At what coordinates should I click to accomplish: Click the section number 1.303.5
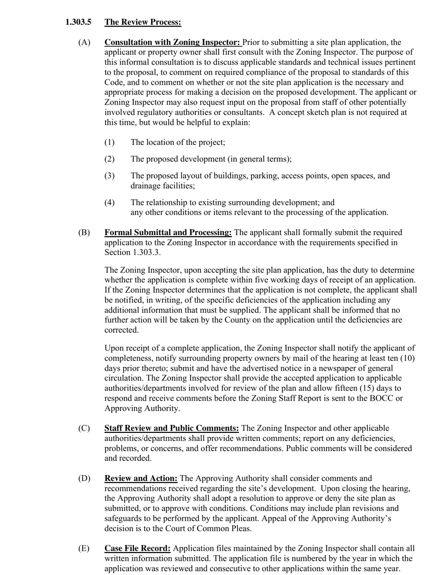click(78, 22)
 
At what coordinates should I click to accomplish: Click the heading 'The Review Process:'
click(143, 22)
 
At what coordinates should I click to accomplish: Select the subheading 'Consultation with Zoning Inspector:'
click(172, 43)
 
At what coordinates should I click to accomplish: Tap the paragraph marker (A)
click(84, 43)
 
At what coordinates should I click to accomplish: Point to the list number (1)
click(109, 142)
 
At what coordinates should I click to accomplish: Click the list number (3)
click(109, 176)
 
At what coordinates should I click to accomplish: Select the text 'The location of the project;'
click(178, 142)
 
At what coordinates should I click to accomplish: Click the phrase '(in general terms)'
click(259, 159)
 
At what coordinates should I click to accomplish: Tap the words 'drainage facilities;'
click(163, 186)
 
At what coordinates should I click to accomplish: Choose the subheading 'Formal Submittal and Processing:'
click(168, 232)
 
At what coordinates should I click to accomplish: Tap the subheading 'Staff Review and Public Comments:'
click(172, 428)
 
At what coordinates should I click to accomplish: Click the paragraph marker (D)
click(84, 478)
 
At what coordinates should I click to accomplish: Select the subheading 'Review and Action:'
click(141, 478)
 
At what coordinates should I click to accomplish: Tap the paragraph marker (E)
click(84, 548)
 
